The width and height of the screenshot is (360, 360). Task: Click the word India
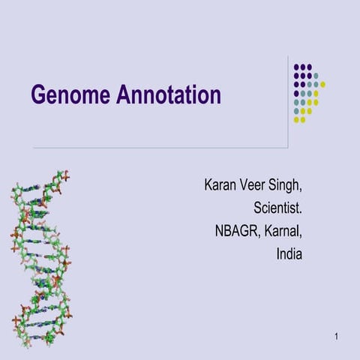[289, 254]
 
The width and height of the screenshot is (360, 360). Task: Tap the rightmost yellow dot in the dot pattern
[322, 85]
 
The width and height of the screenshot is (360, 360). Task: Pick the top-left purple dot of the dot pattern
[296, 67]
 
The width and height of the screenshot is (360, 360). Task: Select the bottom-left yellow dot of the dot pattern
[296, 120]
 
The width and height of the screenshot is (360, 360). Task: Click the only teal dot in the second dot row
[316, 76]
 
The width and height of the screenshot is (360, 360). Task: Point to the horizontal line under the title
[150, 148]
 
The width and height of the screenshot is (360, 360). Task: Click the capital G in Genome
[38, 95]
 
